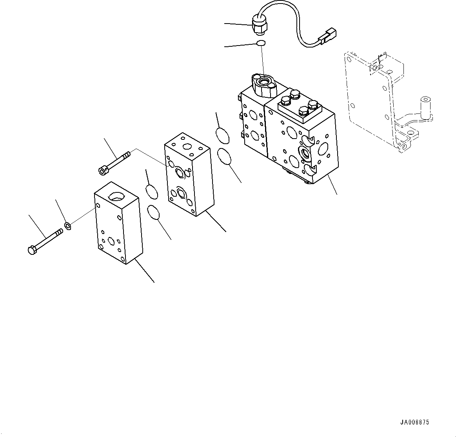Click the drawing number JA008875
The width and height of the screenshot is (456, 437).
414,422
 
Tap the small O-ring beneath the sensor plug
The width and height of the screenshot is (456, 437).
261,43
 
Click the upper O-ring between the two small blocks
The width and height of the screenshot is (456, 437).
151,192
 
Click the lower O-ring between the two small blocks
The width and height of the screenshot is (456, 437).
154,213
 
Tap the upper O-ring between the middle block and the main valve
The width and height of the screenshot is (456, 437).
222,135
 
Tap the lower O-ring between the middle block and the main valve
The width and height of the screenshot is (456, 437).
225,157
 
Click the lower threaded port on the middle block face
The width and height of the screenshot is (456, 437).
182,193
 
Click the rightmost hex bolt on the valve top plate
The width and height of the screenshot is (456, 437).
312,105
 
